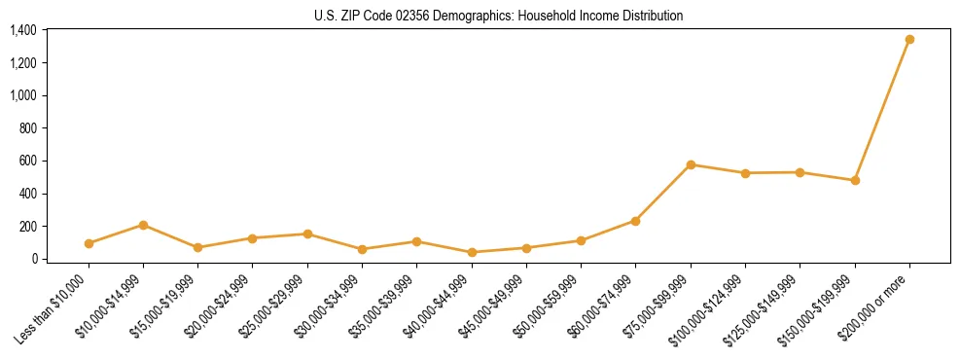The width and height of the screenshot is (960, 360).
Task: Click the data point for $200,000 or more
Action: click(x=909, y=40)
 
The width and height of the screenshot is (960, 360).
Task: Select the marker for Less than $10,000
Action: click(x=89, y=243)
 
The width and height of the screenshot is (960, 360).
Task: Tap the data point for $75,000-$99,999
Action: click(x=691, y=164)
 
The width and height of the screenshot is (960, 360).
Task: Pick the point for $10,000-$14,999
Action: click(x=143, y=225)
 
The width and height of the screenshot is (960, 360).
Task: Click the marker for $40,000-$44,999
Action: click(x=472, y=252)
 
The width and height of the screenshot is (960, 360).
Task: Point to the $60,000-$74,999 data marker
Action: click(x=635, y=221)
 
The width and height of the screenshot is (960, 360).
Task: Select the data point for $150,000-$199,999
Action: click(x=855, y=180)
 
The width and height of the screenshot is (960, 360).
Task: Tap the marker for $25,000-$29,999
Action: click(x=307, y=234)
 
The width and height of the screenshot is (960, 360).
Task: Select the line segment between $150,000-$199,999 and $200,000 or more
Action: click(x=882, y=110)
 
